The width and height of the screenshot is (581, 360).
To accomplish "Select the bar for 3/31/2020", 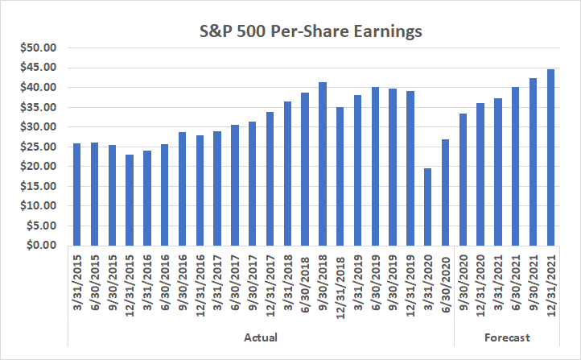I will pyautogui.click(x=428, y=206).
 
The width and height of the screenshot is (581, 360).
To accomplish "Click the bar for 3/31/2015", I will pyautogui.click(x=77, y=194).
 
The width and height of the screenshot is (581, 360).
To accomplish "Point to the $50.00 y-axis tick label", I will pyautogui.click(x=37, y=48).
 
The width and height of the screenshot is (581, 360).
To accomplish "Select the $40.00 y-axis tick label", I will pyautogui.click(x=37, y=87).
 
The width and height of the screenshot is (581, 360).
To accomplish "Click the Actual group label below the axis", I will pyautogui.click(x=262, y=337).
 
